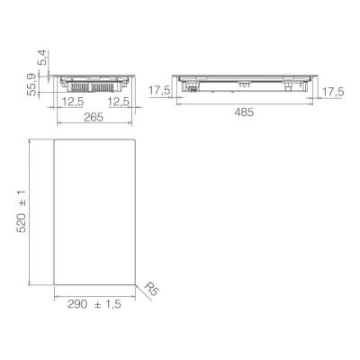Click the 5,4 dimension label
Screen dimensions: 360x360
point(43,58)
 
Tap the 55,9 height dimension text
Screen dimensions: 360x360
point(31,85)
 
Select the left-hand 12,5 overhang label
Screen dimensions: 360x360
point(73,102)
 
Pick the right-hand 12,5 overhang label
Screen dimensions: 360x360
point(119,102)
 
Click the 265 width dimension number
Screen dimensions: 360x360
point(94,117)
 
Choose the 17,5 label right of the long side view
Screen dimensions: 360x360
point(333,92)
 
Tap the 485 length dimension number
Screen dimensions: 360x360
point(244,112)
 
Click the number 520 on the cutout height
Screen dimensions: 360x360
point(22,223)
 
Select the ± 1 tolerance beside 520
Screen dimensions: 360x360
point(22,198)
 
